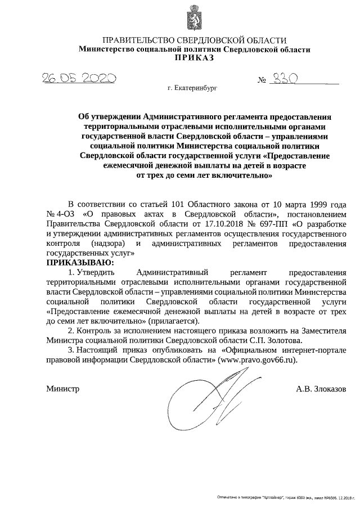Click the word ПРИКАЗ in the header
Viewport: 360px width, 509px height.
[x=194, y=58]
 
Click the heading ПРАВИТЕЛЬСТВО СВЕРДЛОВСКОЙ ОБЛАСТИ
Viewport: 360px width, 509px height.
[x=194, y=40]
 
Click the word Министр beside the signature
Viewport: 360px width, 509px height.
[x=63, y=389]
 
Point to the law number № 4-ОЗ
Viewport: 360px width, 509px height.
[x=58, y=214]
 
